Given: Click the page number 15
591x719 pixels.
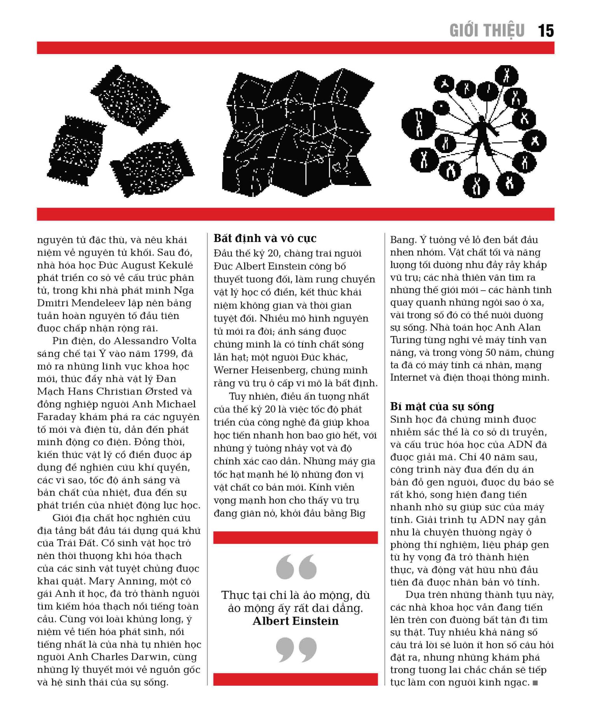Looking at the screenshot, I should coord(546,31).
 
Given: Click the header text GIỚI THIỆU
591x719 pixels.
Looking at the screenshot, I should coord(487,31).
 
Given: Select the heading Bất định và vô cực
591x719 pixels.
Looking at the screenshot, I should coord(265,238).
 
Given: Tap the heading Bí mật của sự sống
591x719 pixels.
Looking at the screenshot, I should coord(442,406).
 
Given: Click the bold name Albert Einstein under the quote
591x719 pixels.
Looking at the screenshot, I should coord(295,621).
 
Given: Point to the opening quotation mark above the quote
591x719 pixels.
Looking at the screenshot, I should coord(296,567).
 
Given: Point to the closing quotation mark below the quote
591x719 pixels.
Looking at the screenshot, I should coord(296,649).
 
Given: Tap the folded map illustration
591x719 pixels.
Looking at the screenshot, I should coord(297,132).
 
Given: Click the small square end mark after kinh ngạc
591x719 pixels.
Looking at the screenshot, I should coord(535,682).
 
